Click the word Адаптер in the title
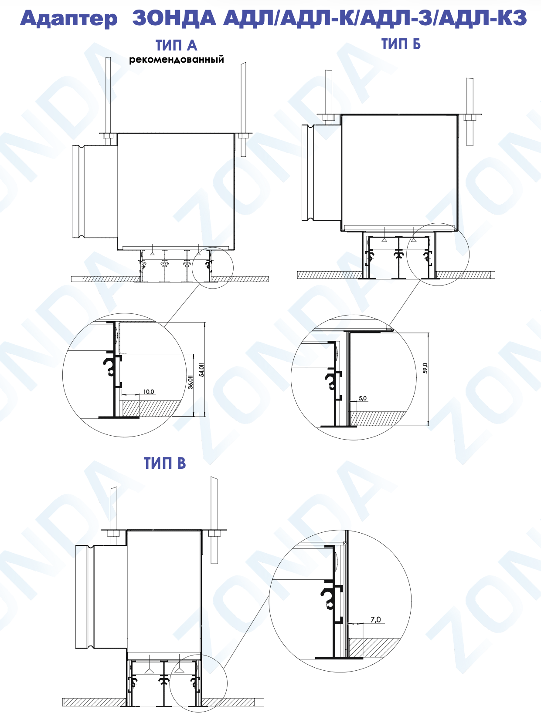pos(68,18)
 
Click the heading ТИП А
pos(177,46)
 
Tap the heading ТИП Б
pos(401,44)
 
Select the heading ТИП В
pos(165,463)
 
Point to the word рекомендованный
pos(177,60)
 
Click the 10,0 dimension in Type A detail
pos(149,392)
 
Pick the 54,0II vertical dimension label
pos(202,370)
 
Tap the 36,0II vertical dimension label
pos(191,382)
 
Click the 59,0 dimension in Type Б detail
pos(425,368)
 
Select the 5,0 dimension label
pos(363,398)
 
